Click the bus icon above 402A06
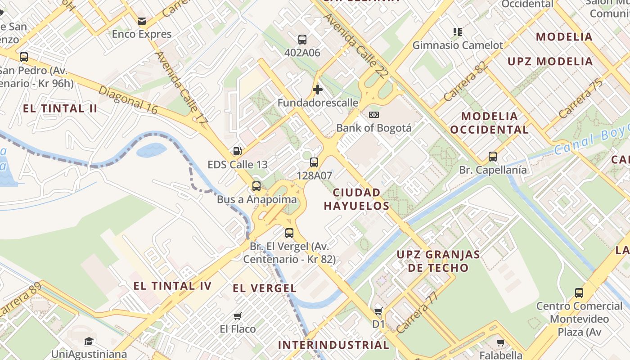[302, 40]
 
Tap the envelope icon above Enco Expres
[142, 21]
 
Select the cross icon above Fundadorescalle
[318, 90]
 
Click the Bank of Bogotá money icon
[374, 115]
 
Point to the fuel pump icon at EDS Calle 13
[237, 151]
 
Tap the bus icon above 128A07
[314, 162]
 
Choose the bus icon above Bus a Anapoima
[256, 186]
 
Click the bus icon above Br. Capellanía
[493, 157]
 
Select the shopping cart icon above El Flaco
[238, 316]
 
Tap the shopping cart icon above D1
[378, 311]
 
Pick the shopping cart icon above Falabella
[501, 342]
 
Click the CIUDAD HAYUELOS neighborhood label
[356, 199]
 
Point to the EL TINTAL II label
[60, 108]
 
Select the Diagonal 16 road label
[128, 100]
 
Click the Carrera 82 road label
[465, 81]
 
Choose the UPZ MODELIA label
[550, 62]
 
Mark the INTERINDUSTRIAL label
[333, 345]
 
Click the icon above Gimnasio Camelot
[458, 32]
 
